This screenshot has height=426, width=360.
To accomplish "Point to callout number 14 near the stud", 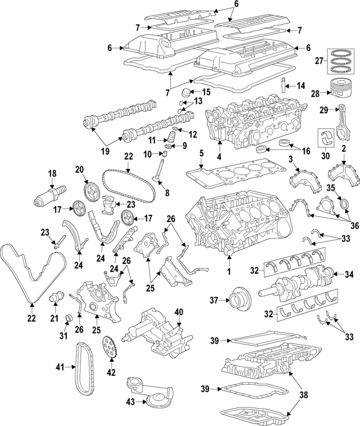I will point(300,86).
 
